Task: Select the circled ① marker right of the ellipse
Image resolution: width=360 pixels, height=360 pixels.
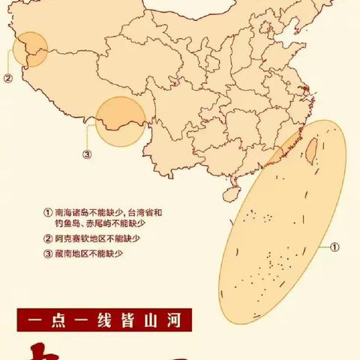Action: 335,246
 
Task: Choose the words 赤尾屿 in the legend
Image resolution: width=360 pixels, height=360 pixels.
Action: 101,225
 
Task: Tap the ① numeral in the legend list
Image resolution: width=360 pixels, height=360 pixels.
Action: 48,213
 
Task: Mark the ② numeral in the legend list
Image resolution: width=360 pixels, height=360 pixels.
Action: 48,240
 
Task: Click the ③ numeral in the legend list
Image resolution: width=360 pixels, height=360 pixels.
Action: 48,255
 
